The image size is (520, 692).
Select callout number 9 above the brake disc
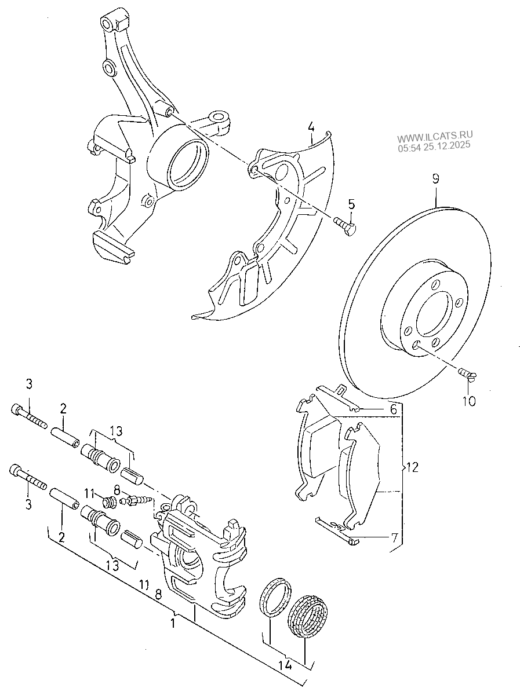tap(436, 179)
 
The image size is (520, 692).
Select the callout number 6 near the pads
tap(393, 410)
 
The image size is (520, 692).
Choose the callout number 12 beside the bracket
tap(412, 467)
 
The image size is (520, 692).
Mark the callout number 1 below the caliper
tap(173, 624)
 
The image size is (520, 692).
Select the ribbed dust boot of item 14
tap(308, 615)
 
